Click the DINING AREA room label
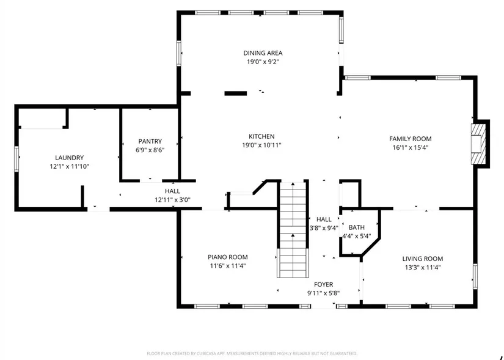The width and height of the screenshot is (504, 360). [263, 53]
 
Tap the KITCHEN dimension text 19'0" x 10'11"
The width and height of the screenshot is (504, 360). [261, 145]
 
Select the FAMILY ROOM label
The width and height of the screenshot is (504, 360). [410, 139]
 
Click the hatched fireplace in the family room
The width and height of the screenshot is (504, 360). [478, 144]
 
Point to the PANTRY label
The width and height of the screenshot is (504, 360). [150, 141]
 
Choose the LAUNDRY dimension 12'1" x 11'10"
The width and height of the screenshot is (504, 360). [70, 167]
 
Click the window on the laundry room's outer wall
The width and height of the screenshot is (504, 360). [16, 158]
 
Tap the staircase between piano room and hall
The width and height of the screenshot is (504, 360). [293, 229]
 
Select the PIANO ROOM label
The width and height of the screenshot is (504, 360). [228, 257]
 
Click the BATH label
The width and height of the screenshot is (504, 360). [356, 227]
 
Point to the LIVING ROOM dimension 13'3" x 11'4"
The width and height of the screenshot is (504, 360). [423, 267]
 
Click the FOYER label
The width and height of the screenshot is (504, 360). [323, 284]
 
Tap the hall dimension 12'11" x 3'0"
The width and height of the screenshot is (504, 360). [173, 200]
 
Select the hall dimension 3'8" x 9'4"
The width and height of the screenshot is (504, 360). [324, 228]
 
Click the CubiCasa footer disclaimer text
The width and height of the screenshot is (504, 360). [252, 353]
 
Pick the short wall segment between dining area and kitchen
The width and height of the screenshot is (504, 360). [236, 94]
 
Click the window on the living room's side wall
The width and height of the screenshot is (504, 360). [475, 276]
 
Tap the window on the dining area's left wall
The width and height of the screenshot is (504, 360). [179, 53]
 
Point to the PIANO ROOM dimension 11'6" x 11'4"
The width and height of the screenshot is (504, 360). [228, 266]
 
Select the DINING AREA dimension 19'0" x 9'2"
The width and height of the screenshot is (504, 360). [263, 62]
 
